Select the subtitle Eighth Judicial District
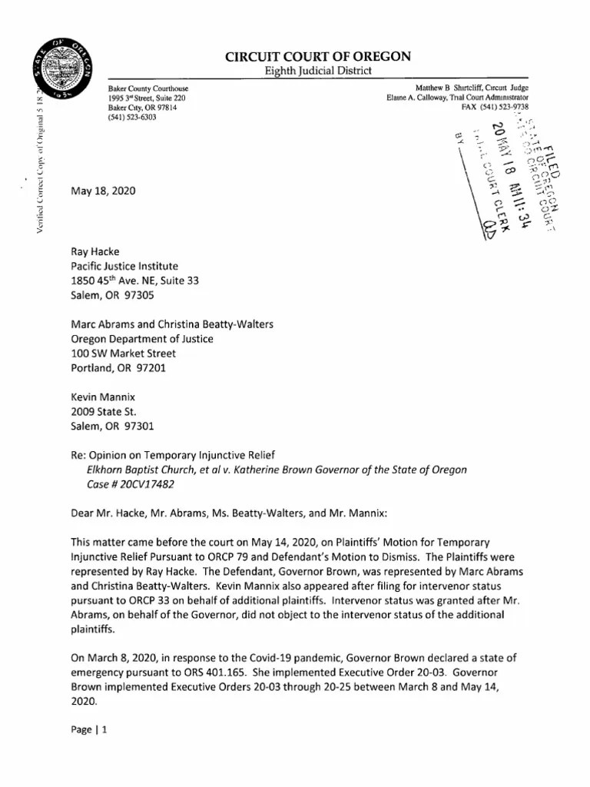[x=317, y=71]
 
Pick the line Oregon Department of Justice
[x=142, y=339]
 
